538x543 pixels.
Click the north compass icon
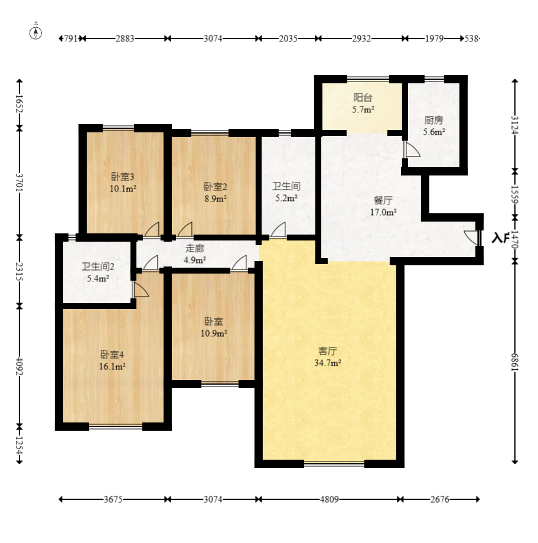tap(37, 32)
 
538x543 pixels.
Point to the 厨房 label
tap(433, 120)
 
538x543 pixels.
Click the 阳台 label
tap(363, 97)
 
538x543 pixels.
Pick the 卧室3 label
tap(123, 177)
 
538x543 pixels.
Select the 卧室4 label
tap(112, 355)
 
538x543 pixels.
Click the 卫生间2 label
tap(98, 266)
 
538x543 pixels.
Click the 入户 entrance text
tap(500, 238)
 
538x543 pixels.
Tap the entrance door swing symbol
tap(472, 237)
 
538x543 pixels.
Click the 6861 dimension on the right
tap(515, 362)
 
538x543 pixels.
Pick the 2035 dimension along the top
tap(288, 38)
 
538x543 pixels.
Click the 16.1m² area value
tap(112, 366)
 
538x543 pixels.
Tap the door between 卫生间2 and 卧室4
tap(140, 290)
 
